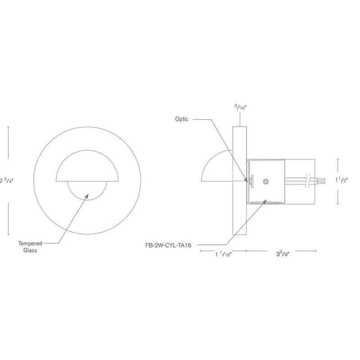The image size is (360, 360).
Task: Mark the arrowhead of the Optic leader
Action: [246, 180]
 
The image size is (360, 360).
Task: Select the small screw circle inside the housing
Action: [265, 181]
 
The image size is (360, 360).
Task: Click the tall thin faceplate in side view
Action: [239, 180]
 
